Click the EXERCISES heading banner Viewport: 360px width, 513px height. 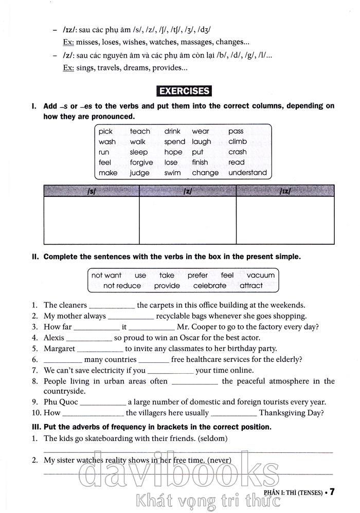184,91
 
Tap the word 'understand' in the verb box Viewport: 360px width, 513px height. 247,173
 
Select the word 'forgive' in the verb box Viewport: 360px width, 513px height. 141,162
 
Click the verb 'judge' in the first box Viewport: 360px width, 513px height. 139,173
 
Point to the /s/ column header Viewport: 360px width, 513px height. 92,191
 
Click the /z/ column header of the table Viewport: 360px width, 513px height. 188,191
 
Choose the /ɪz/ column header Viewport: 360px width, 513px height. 285,191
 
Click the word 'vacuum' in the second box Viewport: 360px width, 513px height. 261,275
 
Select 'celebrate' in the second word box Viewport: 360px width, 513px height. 210,285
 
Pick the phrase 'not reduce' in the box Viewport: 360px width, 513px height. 122,285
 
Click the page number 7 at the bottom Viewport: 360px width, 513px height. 332,492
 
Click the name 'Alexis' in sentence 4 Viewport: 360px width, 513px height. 54,338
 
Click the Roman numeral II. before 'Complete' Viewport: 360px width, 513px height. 35,256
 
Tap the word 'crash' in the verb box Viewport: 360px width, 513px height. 238,152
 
